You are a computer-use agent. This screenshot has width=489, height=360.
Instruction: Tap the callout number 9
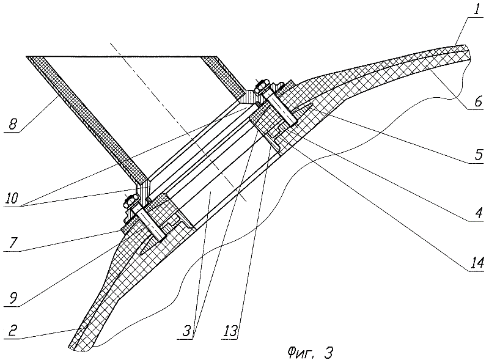click(12, 300)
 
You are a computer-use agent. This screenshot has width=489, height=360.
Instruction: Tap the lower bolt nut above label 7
click(129, 199)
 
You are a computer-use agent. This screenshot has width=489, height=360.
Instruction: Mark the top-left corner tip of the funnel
click(27, 57)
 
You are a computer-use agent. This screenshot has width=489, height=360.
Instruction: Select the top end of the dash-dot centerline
click(110, 43)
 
